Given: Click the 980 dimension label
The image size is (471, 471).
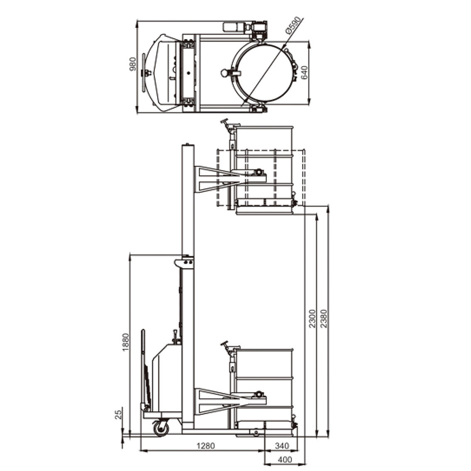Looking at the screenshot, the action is tap(132, 64).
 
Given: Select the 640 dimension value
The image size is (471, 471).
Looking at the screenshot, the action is tap(304, 72).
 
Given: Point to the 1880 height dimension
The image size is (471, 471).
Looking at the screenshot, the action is tap(126, 341).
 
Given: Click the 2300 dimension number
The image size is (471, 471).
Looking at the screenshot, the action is tap(312, 319).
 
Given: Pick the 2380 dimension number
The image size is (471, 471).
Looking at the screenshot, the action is tap(324, 319).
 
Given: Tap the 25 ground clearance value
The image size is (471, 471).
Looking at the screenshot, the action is tap(119, 414).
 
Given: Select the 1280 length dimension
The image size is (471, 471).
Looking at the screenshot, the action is tap(206, 446).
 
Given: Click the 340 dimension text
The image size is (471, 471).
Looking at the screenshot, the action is tap(282, 446).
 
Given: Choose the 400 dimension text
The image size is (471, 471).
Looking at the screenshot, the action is tap(285, 460).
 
